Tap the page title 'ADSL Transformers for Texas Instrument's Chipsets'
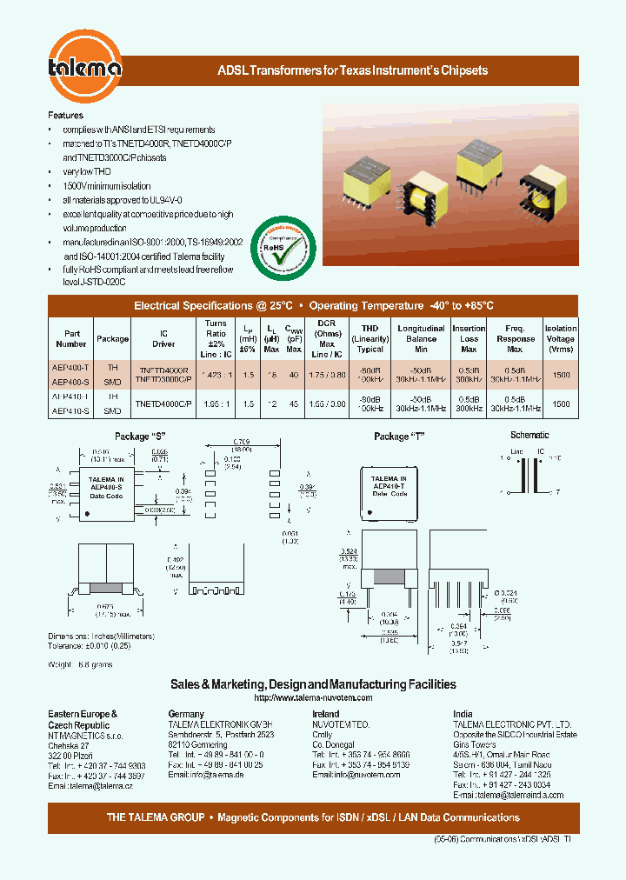(352, 70)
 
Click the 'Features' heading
(65, 115)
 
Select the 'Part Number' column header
(71, 338)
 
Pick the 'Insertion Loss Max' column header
(469, 338)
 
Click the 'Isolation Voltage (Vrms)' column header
(561, 338)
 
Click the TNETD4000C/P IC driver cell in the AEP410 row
(163, 404)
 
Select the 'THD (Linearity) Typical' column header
(370, 338)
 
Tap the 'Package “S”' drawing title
(140, 436)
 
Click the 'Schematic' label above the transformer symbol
(529, 435)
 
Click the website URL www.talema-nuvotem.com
(313, 698)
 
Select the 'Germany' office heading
(186, 714)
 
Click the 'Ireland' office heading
(326, 714)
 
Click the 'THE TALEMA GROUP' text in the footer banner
(156, 817)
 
